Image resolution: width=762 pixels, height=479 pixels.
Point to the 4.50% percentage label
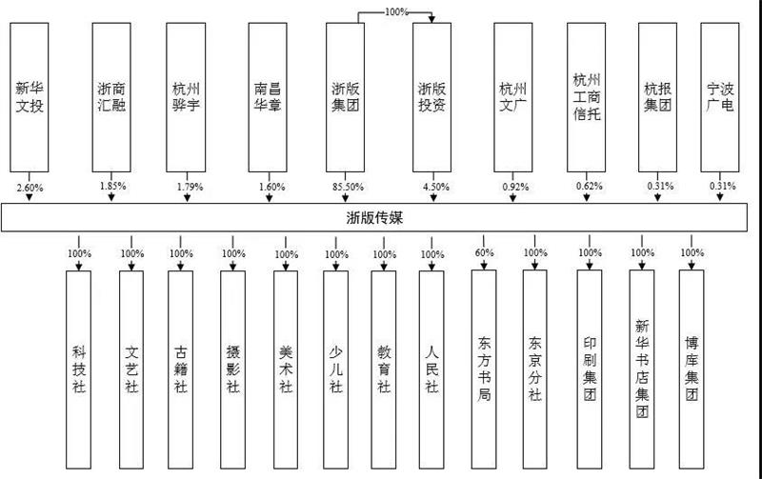pyautogui.click(x=432, y=187)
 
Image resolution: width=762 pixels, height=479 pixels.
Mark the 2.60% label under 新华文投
pyautogui.click(x=30, y=187)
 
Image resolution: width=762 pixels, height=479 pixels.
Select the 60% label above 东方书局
pyautogui.click(x=484, y=253)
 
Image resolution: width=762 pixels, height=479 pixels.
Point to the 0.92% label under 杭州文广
pyautogui.click(x=514, y=187)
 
